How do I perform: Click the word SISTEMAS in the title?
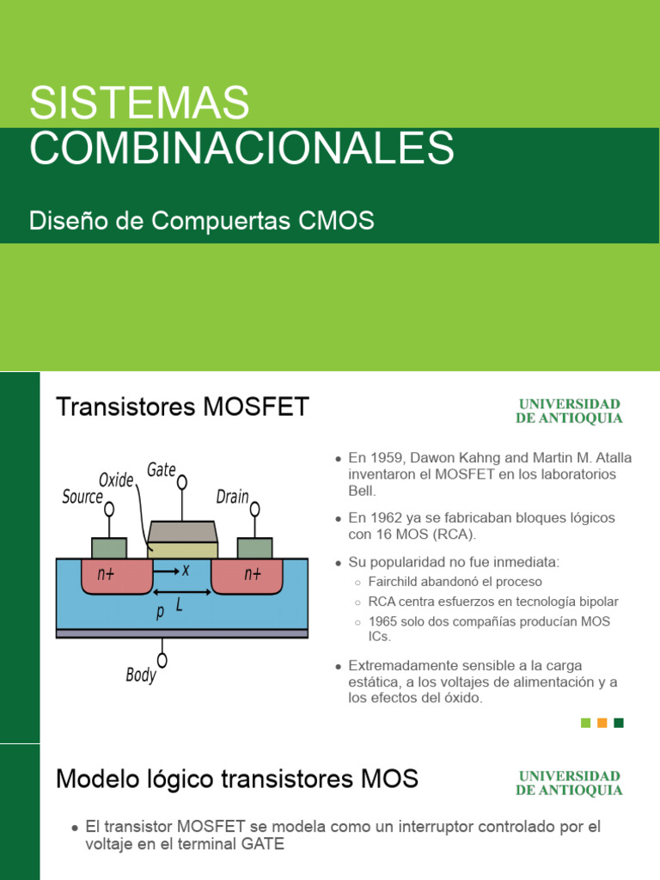[x=139, y=104]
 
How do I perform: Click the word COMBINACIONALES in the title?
[x=241, y=148]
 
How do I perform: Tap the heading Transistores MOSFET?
[x=182, y=406]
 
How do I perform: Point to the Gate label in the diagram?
[x=162, y=469]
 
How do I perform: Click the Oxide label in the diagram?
[x=116, y=480]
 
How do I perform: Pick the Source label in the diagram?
[x=82, y=497]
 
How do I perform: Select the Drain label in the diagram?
[x=232, y=497]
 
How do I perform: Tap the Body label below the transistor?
[x=141, y=675]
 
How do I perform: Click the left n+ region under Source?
[x=106, y=575]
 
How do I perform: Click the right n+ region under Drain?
[x=253, y=575]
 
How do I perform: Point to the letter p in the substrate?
[x=160, y=612]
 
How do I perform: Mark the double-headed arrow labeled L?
[x=181, y=593]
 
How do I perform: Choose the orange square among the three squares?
[x=602, y=723]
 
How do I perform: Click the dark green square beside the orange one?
[x=619, y=723]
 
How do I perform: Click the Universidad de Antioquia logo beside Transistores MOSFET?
[x=568, y=411]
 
